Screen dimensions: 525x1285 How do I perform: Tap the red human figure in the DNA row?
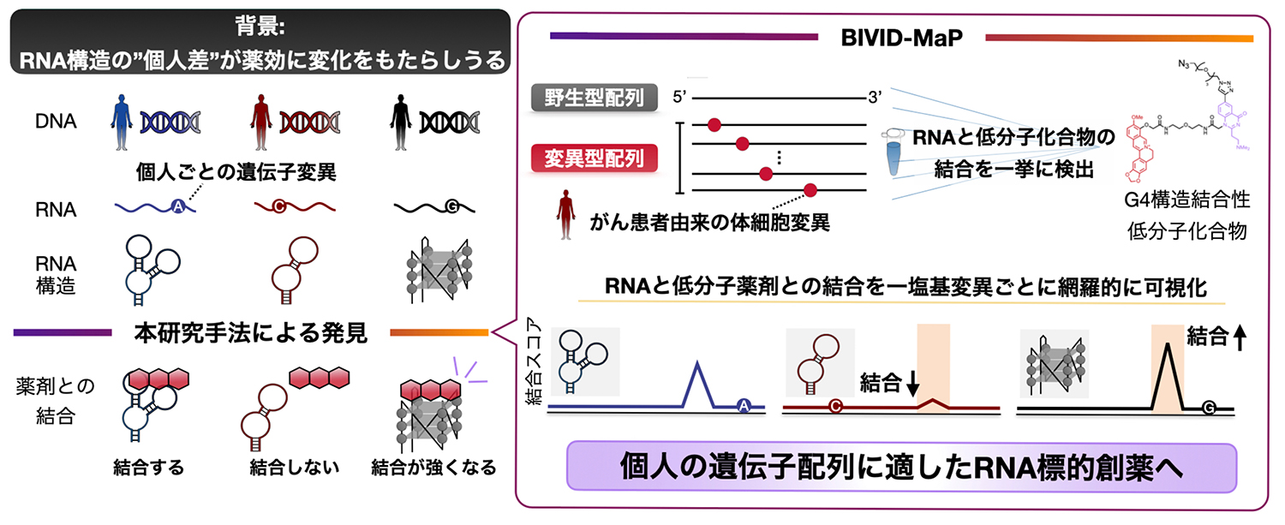(x=261, y=122)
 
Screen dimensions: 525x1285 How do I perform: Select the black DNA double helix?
(x=450, y=122)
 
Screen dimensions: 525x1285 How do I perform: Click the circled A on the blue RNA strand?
(x=177, y=206)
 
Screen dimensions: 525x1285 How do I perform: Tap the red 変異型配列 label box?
(x=594, y=158)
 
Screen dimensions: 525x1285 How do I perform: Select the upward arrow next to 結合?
(x=1240, y=339)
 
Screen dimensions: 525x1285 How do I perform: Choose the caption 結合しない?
(x=295, y=468)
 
